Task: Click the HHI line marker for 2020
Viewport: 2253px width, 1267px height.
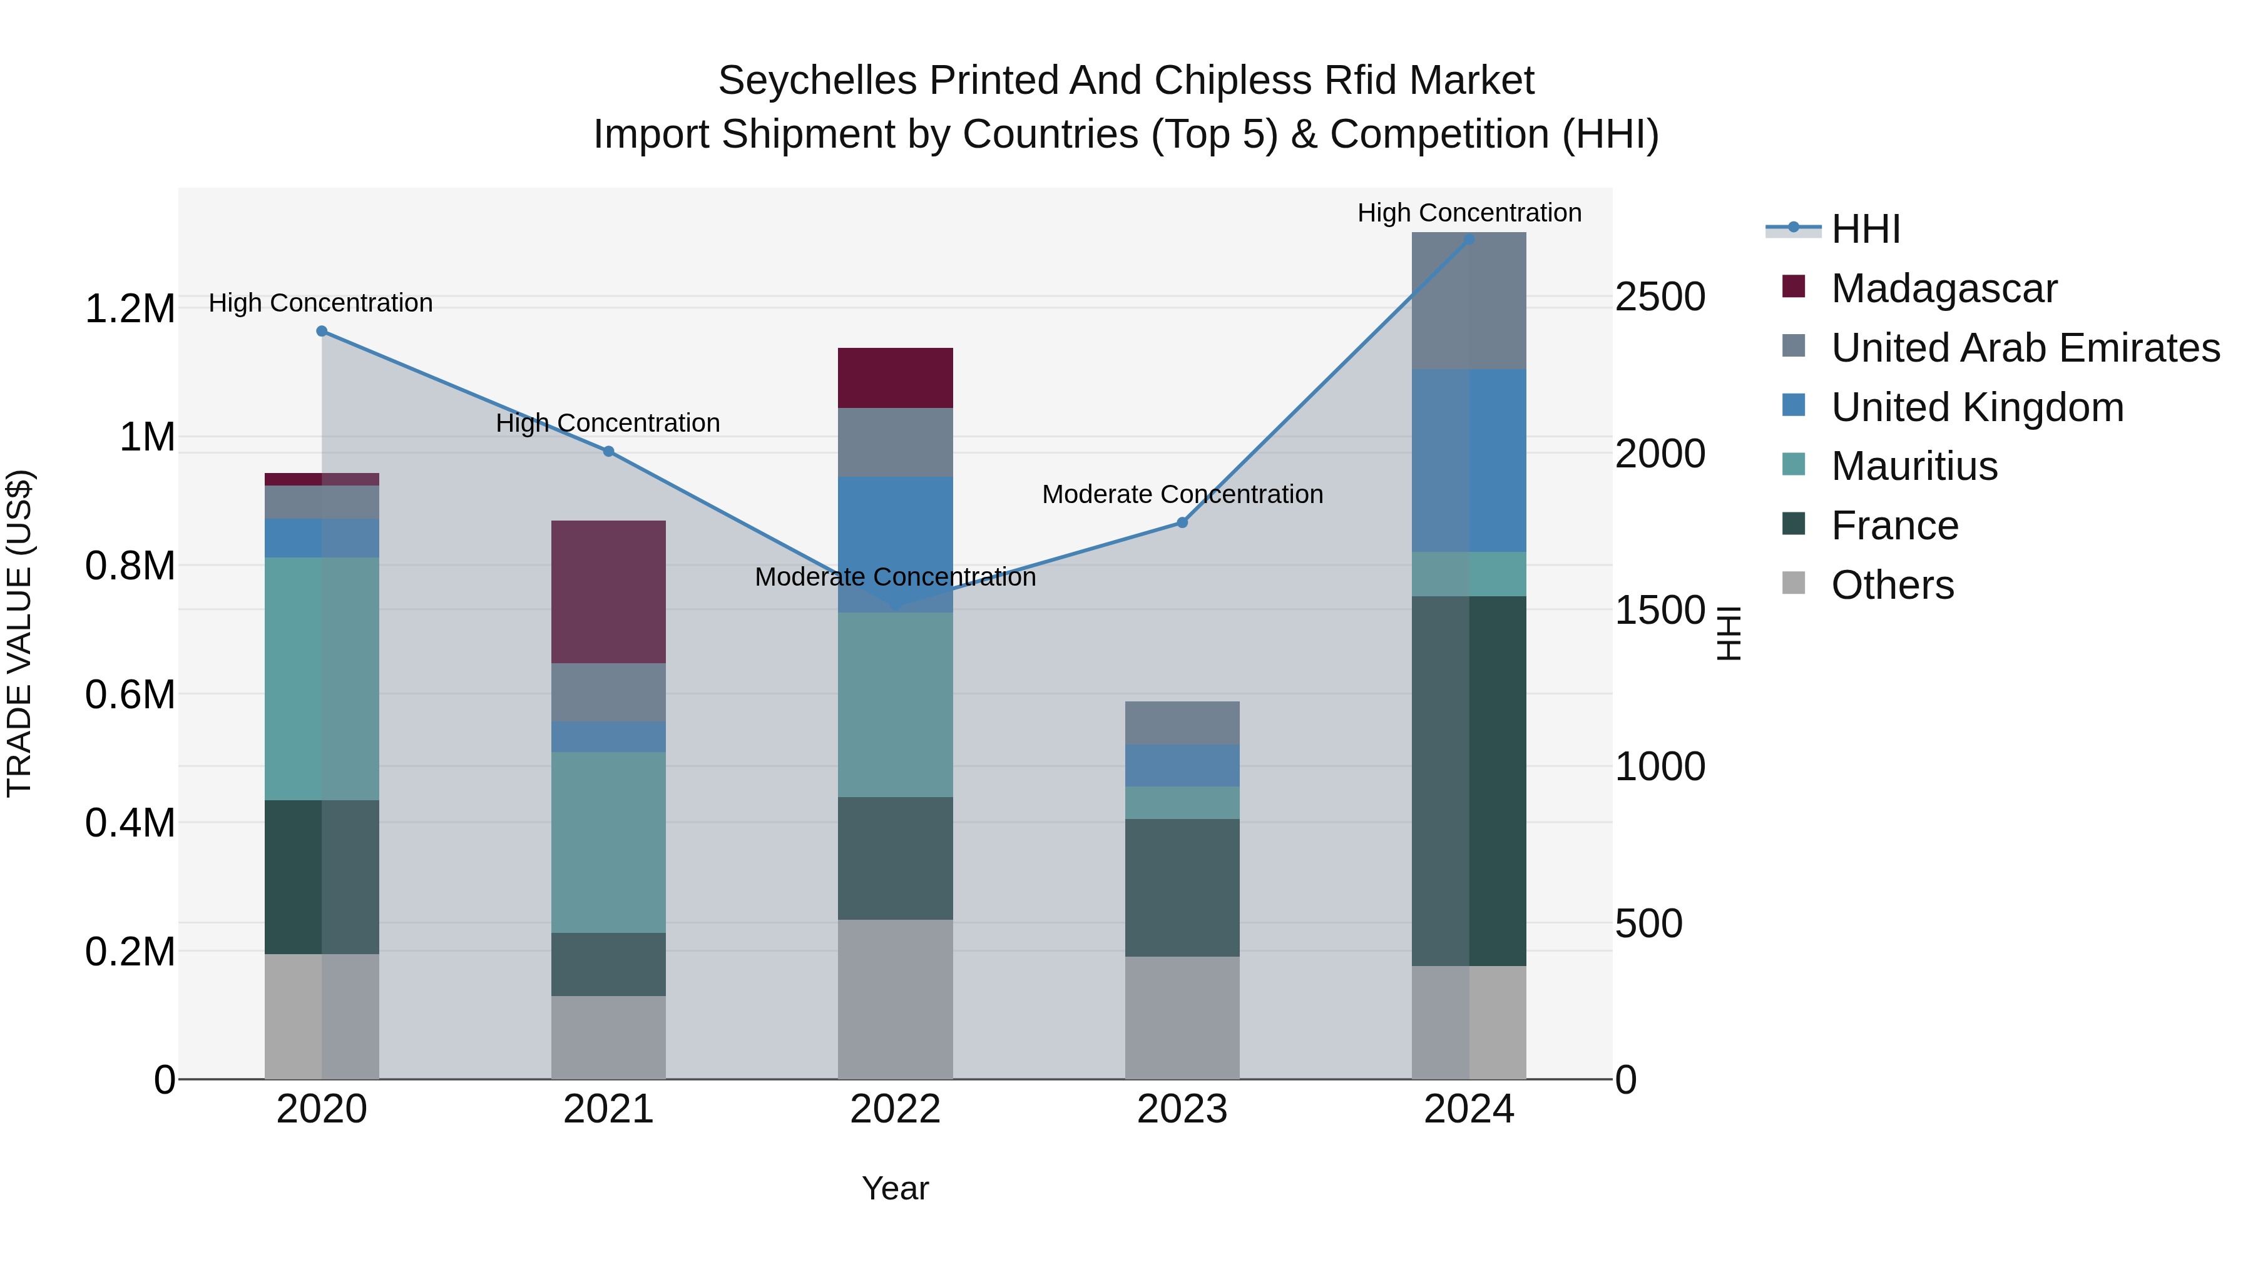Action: click(x=322, y=332)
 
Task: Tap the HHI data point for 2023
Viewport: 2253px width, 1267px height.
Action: click(x=1182, y=523)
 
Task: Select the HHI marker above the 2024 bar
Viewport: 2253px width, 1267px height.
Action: click(x=1468, y=239)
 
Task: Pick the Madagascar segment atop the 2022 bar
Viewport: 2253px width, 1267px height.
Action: click(x=895, y=378)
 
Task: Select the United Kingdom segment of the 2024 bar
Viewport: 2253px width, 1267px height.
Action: click(x=1468, y=460)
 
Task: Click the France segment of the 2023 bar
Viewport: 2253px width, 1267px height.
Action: click(x=1182, y=887)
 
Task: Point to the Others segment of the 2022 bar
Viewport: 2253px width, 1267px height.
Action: click(x=895, y=999)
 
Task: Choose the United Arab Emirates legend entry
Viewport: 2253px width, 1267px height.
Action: click(x=2025, y=348)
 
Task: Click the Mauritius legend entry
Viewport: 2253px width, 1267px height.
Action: click(x=1914, y=466)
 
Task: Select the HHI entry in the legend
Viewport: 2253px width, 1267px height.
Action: click(x=1865, y=229)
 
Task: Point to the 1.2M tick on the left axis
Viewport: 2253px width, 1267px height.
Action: click(x=130, y=308)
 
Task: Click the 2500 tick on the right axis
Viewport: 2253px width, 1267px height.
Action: click(x=1659, y=297)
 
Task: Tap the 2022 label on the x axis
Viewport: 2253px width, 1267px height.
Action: click(x=895, y=1109)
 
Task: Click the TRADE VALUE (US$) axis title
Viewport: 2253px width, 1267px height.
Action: click(x=19, y=633)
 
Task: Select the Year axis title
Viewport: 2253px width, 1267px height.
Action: click(x=895, y=1188)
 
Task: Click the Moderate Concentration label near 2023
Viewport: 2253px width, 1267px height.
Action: click(x=1182, y=494)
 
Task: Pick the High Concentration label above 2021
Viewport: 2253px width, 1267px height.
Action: click(x=608, y=423)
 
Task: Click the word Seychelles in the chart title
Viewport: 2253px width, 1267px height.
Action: click(x=818, y=81)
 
